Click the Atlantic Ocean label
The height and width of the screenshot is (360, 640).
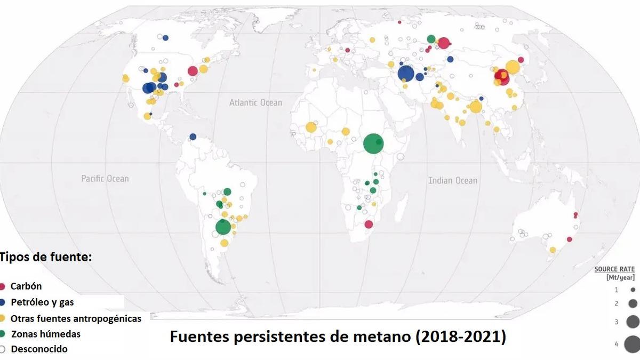coord(255,102)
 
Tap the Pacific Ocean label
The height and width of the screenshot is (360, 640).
coord(105,179)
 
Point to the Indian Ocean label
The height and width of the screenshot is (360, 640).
coord(453,181)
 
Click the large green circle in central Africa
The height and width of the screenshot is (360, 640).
coord(373,143)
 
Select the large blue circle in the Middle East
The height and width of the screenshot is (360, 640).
coord(406,74)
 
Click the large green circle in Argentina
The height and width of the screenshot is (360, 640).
coord(223,227)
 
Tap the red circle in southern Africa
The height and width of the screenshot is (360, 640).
coord(368,224)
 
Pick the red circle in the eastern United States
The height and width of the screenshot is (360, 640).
coord(193,71)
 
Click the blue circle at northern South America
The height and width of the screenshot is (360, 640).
coord(193,137)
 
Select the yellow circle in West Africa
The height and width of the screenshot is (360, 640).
coord(311,127)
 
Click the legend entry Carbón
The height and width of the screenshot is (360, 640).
coord(26,286)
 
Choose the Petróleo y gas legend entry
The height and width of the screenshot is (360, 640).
coord(42,302)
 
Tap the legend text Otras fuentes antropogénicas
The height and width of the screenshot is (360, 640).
coord(76,318)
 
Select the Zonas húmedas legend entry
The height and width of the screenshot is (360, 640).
coord(46,334)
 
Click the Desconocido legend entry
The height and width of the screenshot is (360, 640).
coord(39,350)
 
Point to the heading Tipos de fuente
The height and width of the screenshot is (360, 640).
coord(46,257)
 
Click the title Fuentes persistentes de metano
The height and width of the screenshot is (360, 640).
coord(338,337)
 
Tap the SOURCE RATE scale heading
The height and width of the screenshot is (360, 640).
coord(614,269)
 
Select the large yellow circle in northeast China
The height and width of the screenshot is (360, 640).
coord(513,67)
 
